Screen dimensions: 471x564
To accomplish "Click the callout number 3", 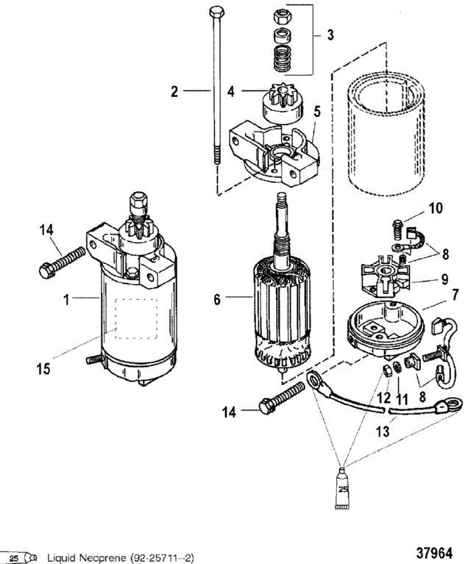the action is pyautogui.click(x=330, y=35).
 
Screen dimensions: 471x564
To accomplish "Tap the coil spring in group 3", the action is pyautogui.click(x=283, y=58).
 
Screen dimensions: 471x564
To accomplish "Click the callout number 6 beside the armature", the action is pyautogui.click(x=217, y=299).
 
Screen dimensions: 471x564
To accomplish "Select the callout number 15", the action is pyautogui.click(x=43, y=368).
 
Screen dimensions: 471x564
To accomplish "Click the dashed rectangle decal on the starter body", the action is pyautogui.click(x=136, y=318).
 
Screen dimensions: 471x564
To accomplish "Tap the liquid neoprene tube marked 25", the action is pyautogui.click(x=342, y=488).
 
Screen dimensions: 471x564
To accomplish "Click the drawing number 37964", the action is pyautogui.click(x=434, y=552).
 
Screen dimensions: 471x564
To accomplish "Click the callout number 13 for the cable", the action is pyautogui.click(x=383, y=432).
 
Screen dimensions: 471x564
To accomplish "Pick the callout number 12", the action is pyautogui.click(x=384, y=398).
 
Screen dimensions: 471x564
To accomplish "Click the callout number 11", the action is pyautogui.click(x=402, y=399).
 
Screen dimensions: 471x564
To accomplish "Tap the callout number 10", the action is pyautogui.click(x=435, y=208).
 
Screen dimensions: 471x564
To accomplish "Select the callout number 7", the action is pyautogui.click(x=455, y=295).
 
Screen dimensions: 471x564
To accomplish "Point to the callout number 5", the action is pyautogui.click(x=316, y=112).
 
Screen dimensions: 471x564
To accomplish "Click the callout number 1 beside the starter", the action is pyautogui.click(x=66, y=299).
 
